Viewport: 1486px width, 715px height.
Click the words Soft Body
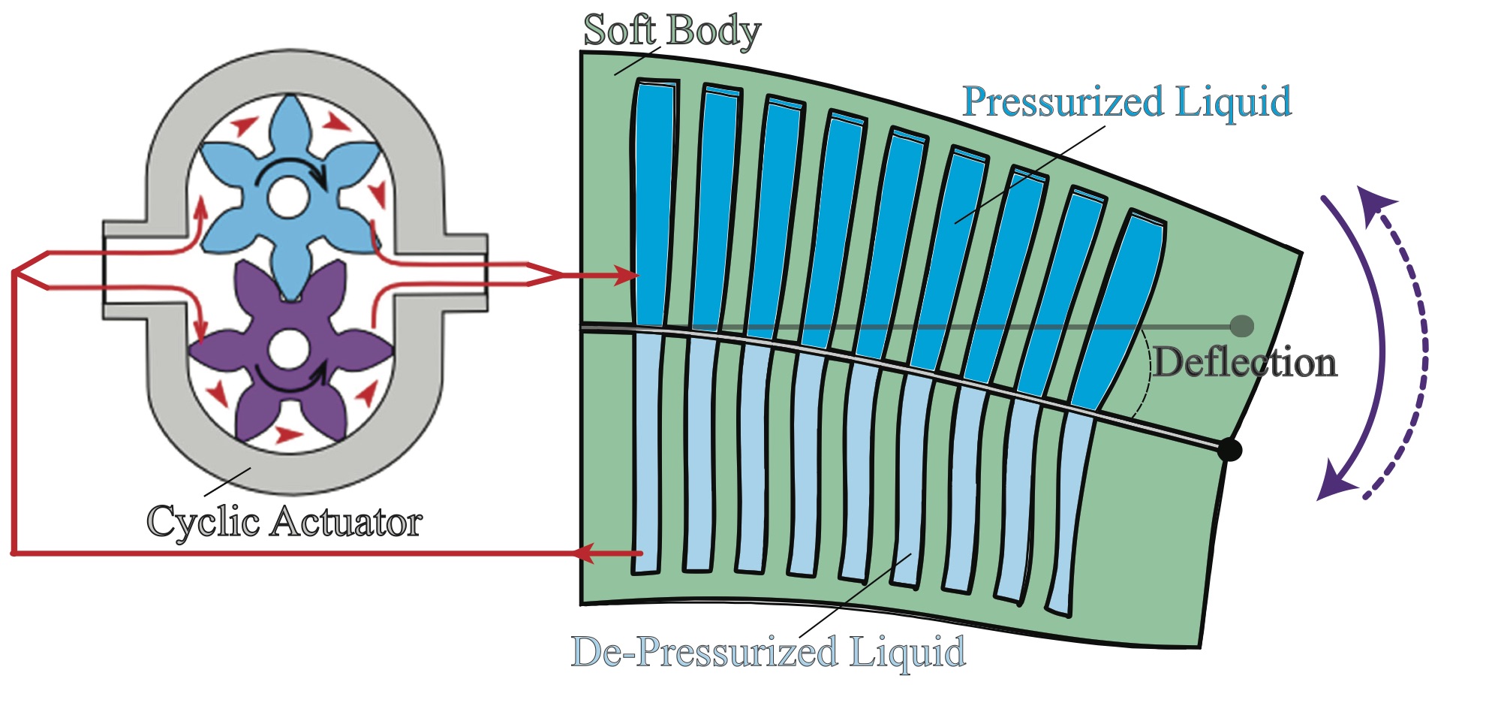tap(672, 32)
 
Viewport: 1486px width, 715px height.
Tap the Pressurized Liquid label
tap(1127, 101)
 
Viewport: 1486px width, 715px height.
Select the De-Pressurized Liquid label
tap(768, 652)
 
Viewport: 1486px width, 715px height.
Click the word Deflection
tap(1245, 363)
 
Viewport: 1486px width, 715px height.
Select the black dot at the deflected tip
tap(1229, 450)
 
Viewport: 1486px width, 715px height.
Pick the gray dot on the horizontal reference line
tap(1242, 326)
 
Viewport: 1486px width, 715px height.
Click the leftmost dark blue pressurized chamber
tap(654, 203)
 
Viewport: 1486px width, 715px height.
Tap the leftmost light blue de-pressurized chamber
tap(648, 451)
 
